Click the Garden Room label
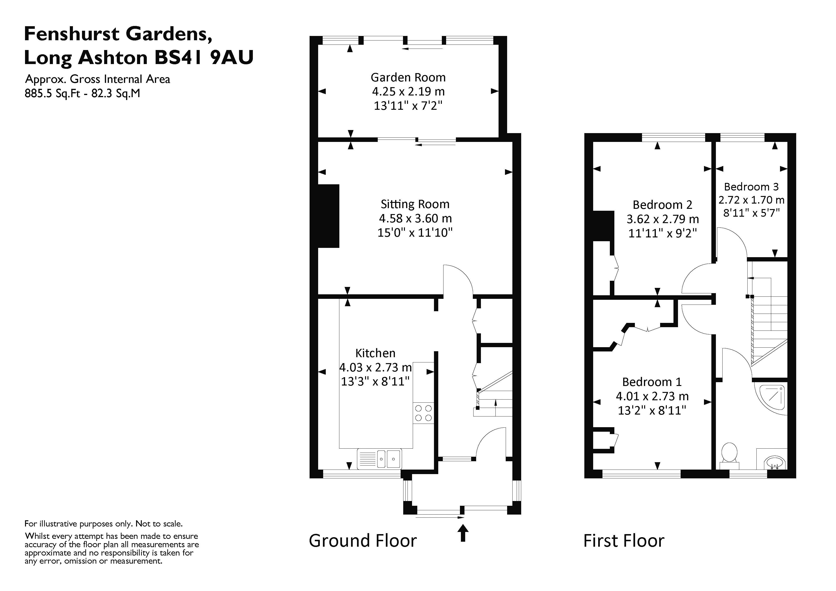coord(408,78)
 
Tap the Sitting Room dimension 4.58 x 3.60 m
coord(415,218)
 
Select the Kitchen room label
coord(375,353)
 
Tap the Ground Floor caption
coord(363,541)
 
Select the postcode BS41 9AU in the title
coord(204,57)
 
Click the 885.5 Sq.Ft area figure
coord(52,94)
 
